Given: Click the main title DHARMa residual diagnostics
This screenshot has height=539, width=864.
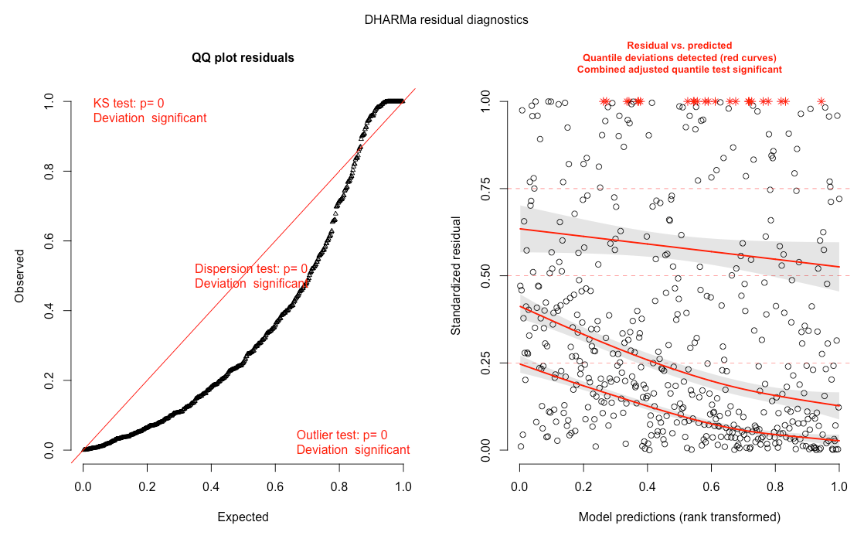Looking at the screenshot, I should coord(447,19).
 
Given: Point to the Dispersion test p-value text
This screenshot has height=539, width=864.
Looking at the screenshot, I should coord(251,269).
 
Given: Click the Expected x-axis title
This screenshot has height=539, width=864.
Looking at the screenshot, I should coord(243,517).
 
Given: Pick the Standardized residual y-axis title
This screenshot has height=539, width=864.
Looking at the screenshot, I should coord(456,275).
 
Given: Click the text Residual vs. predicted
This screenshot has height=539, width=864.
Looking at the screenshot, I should coord(679,46).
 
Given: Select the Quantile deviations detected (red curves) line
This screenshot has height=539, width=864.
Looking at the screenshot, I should coord(679,58).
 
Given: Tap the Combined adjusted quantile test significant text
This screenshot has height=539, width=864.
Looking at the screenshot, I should coord(679,70).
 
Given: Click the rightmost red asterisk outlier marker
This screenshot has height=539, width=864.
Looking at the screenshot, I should coord(821,101).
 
